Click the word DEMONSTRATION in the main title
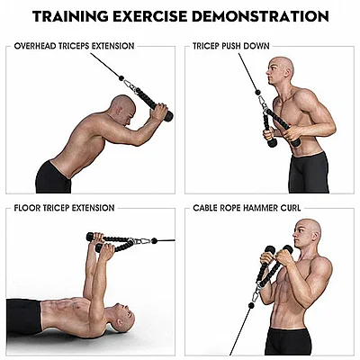point(260,16)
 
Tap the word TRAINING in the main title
point(70,16)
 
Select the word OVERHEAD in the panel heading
point(35,46)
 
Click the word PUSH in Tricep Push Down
point(231,46)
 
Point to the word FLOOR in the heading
point(27,208)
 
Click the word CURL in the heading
point(291,208)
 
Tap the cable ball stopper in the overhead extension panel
point(121,78)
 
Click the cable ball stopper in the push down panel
point(257,92)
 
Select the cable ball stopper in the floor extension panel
point(154,240)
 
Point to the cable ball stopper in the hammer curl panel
point(251,305)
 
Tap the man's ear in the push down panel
point(287,72)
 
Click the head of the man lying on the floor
point(123,317)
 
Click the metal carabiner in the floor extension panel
point(140,241)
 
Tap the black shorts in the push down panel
point(309,173)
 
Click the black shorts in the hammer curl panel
point(288,341)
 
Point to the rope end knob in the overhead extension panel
point(167,116)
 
